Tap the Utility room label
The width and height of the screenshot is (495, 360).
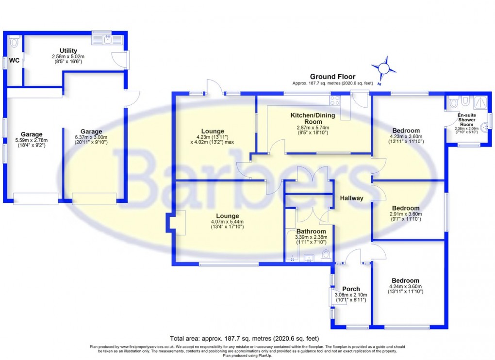(68, 50)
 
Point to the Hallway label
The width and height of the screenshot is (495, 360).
(351, 198)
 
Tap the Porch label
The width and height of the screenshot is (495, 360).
(351, 289)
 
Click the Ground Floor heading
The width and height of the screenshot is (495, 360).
(333, 77)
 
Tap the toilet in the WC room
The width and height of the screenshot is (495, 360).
(14, 42)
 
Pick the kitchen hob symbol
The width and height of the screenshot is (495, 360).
(335, 100)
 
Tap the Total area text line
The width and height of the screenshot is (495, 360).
(244, 338)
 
